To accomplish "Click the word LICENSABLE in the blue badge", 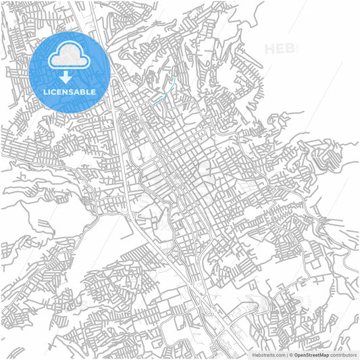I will pyautogui.click(x=70, y=92).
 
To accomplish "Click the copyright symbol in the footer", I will pyautogui.click(x=290, y=355).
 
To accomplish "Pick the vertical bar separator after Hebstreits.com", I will pyautogui.click(x=286, y=355).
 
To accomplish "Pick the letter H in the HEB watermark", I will pyautogui.click(x=270, y=49).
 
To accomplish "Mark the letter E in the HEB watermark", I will pyautogui.click(x=280, y=49).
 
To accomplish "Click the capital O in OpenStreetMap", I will pyautogui.click(x=296, y=355).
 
